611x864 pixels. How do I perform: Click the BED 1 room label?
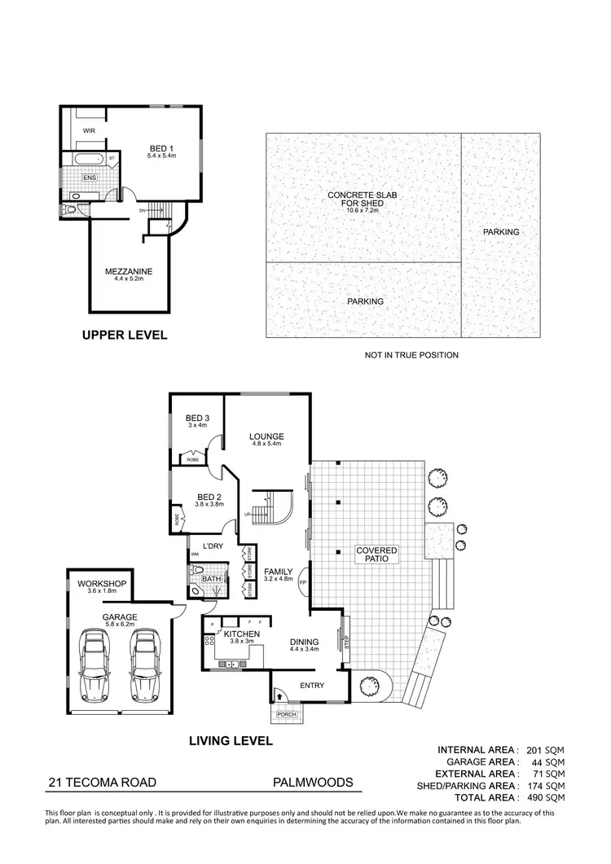point(159,147)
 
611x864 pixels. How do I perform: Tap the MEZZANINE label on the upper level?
point(129,271)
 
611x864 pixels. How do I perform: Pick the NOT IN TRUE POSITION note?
point(411,355)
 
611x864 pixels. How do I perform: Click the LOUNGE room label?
point(266,436)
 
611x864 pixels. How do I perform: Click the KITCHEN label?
point(241,634)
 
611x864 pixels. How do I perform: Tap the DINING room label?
point(305,642)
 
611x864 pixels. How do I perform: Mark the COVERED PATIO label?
point(376,555)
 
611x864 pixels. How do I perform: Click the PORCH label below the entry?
point(287,716)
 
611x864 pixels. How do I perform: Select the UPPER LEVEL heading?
point(125,335)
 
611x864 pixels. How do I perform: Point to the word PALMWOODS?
point(313,783)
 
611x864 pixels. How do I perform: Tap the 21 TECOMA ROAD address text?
point(100,783)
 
